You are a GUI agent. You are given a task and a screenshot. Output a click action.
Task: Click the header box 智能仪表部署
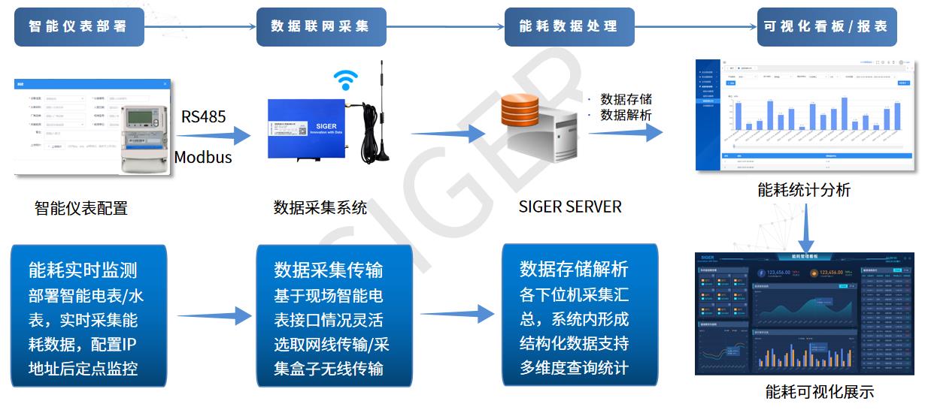tap(78, 26)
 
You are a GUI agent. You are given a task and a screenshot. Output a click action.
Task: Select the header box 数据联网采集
tap(321, 26)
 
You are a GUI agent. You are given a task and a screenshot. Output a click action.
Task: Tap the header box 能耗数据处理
tap(569, 26)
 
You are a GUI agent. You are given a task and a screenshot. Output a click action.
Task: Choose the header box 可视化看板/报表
tap(826, 26)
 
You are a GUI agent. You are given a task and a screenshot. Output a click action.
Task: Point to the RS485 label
tap(203, 116)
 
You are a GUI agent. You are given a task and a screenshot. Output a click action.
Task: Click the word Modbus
tap(203, 157)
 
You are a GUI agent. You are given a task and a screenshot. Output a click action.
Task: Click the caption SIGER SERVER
tap(570, 207)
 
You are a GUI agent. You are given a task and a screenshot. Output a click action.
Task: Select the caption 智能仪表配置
tap(81, 208)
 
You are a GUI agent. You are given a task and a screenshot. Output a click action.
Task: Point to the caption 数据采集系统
tap(320, 207)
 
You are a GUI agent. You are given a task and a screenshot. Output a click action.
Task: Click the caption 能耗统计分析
tap(804, 190)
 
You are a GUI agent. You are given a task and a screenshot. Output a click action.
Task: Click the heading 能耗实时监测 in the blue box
tap(83, 270)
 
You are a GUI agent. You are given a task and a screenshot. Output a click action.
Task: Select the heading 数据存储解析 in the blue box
tap(574, 269)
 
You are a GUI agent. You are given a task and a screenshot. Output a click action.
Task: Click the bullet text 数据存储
tap(626, 99)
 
